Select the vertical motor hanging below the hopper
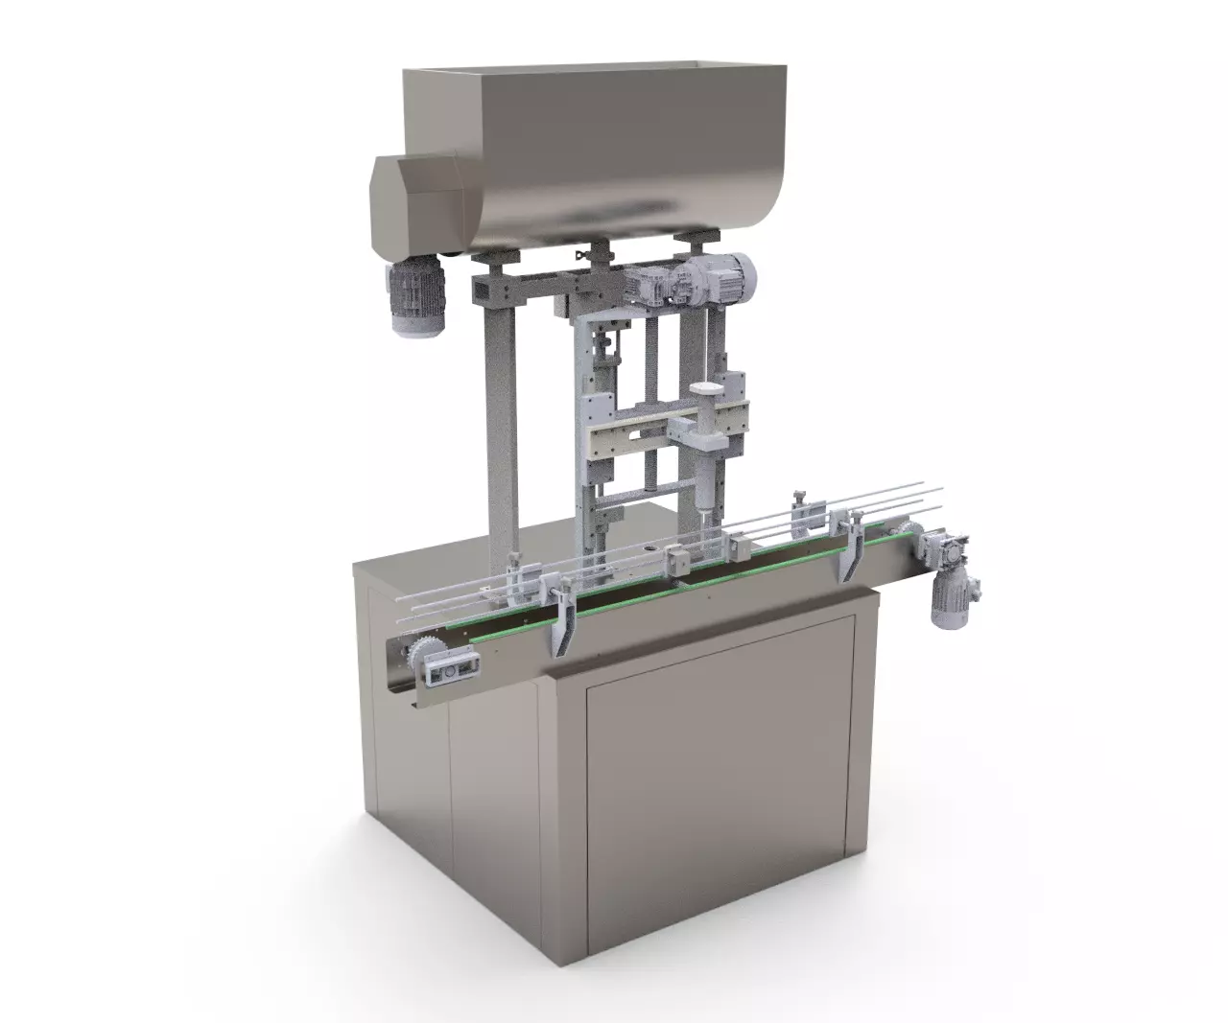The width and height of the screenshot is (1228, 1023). click(x=415, y=296)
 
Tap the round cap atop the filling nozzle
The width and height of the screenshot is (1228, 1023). click(x=705, y=389)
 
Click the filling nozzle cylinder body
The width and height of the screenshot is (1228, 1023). click(x=705, y=460)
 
